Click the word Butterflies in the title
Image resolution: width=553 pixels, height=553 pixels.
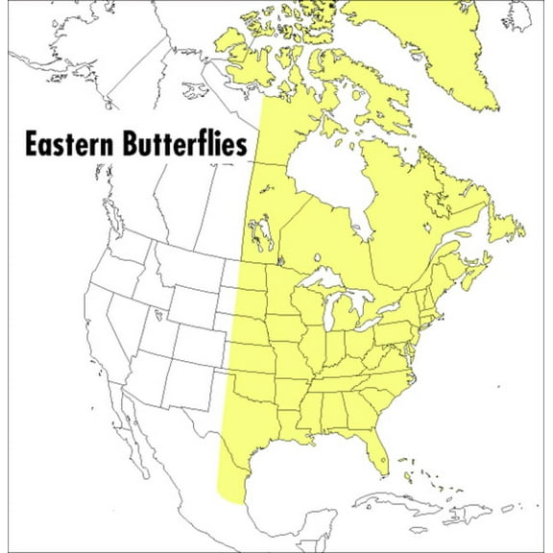pyautogui.click(x=189, y=145)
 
